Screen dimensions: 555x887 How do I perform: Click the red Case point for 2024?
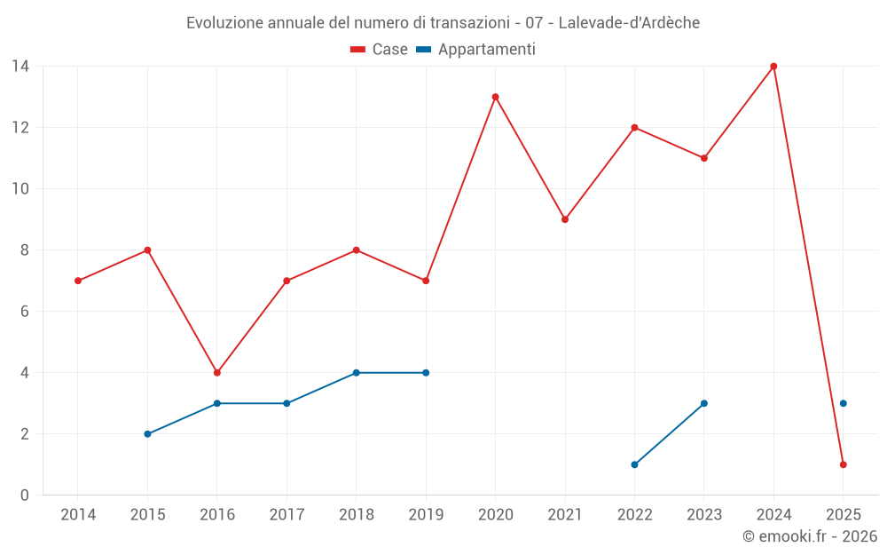[x=773, y=67]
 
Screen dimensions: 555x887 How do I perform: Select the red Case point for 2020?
[x=495, y=97]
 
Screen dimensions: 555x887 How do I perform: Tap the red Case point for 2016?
[x=216, y=373]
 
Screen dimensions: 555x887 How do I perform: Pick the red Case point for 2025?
[x=844, y=464]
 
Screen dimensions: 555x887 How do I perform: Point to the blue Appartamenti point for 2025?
[x=844, y=403]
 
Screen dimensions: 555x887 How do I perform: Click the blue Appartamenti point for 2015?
[x=147, y=434]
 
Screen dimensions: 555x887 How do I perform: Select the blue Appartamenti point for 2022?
[x=634, y=464]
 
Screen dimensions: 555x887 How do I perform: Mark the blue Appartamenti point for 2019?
[x=426, y=373]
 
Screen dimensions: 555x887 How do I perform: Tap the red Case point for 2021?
[x=565, y=219]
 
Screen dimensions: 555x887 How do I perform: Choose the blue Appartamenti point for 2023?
[x=704, y=403]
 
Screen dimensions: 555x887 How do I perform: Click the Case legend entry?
[x=380, y=50]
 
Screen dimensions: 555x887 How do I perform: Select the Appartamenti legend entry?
[x=476, y=50]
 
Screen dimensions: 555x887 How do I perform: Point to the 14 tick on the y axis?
[x=20, y=67]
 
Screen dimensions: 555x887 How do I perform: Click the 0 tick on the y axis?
[x=25, y=496]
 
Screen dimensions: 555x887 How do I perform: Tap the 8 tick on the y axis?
[x=25, y=250]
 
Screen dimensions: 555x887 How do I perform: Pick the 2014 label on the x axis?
[x=78, y=515]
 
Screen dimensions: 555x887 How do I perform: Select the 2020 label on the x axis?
[x=495, y=515]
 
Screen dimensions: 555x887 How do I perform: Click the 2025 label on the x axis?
[x=844, y=515]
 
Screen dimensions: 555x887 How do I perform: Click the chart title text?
[x=443, y=23]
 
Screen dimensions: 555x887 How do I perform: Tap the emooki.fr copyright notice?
[x=810, y=536]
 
